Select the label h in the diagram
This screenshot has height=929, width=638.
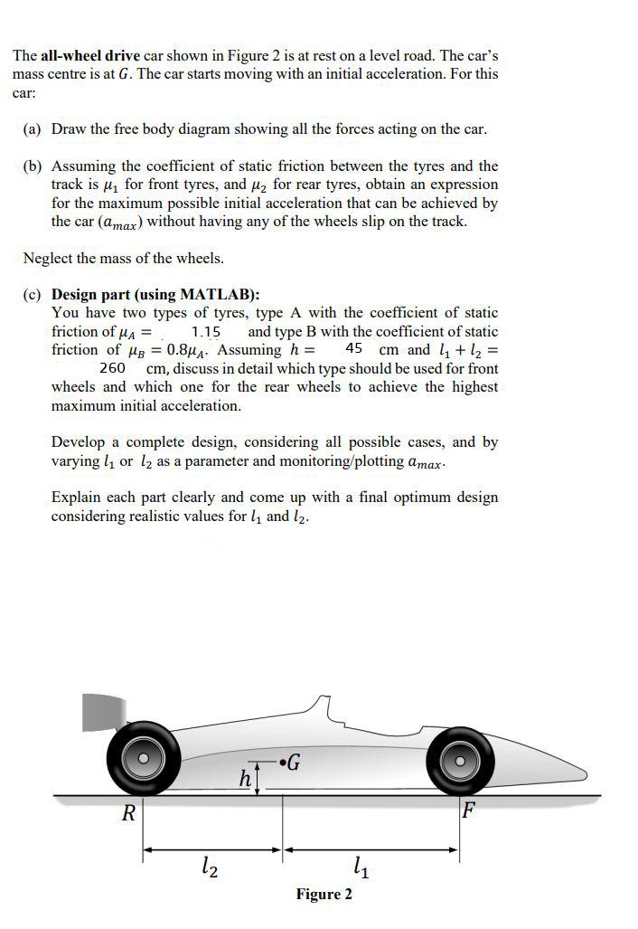[244, 777]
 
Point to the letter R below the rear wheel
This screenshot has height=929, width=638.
[128, 813]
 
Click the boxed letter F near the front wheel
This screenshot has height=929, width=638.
[468, 810]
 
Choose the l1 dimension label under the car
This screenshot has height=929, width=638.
[360, 870]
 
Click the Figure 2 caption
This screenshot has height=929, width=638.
[324, 895]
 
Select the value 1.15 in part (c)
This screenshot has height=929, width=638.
[206, 332]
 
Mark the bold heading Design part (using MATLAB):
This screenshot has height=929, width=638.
[155, 295]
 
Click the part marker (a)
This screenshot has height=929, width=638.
[33, 128]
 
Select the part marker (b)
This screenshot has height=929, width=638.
[33, 166]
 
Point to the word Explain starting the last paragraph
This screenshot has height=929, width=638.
[78, 498]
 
